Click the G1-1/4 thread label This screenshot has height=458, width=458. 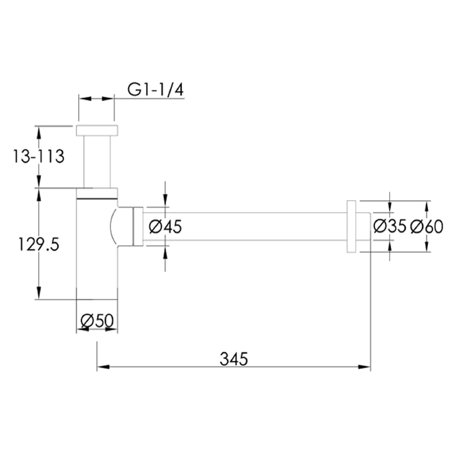coord(155,90)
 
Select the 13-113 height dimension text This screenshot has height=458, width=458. coord(38,157)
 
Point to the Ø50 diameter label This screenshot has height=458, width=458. coord(96,321)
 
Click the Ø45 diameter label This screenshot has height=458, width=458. coord(165,226)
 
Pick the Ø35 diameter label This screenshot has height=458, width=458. coord(390,226)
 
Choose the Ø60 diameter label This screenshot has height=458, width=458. coord(427,226)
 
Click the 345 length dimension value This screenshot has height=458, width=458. coord(234,359)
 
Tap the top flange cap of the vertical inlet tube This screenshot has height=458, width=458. coord(97,130)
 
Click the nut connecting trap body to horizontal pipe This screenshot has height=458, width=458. coord(138,227)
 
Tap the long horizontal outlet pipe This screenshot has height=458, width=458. coord(243,226)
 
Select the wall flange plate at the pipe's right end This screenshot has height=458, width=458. coord(352,226)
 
